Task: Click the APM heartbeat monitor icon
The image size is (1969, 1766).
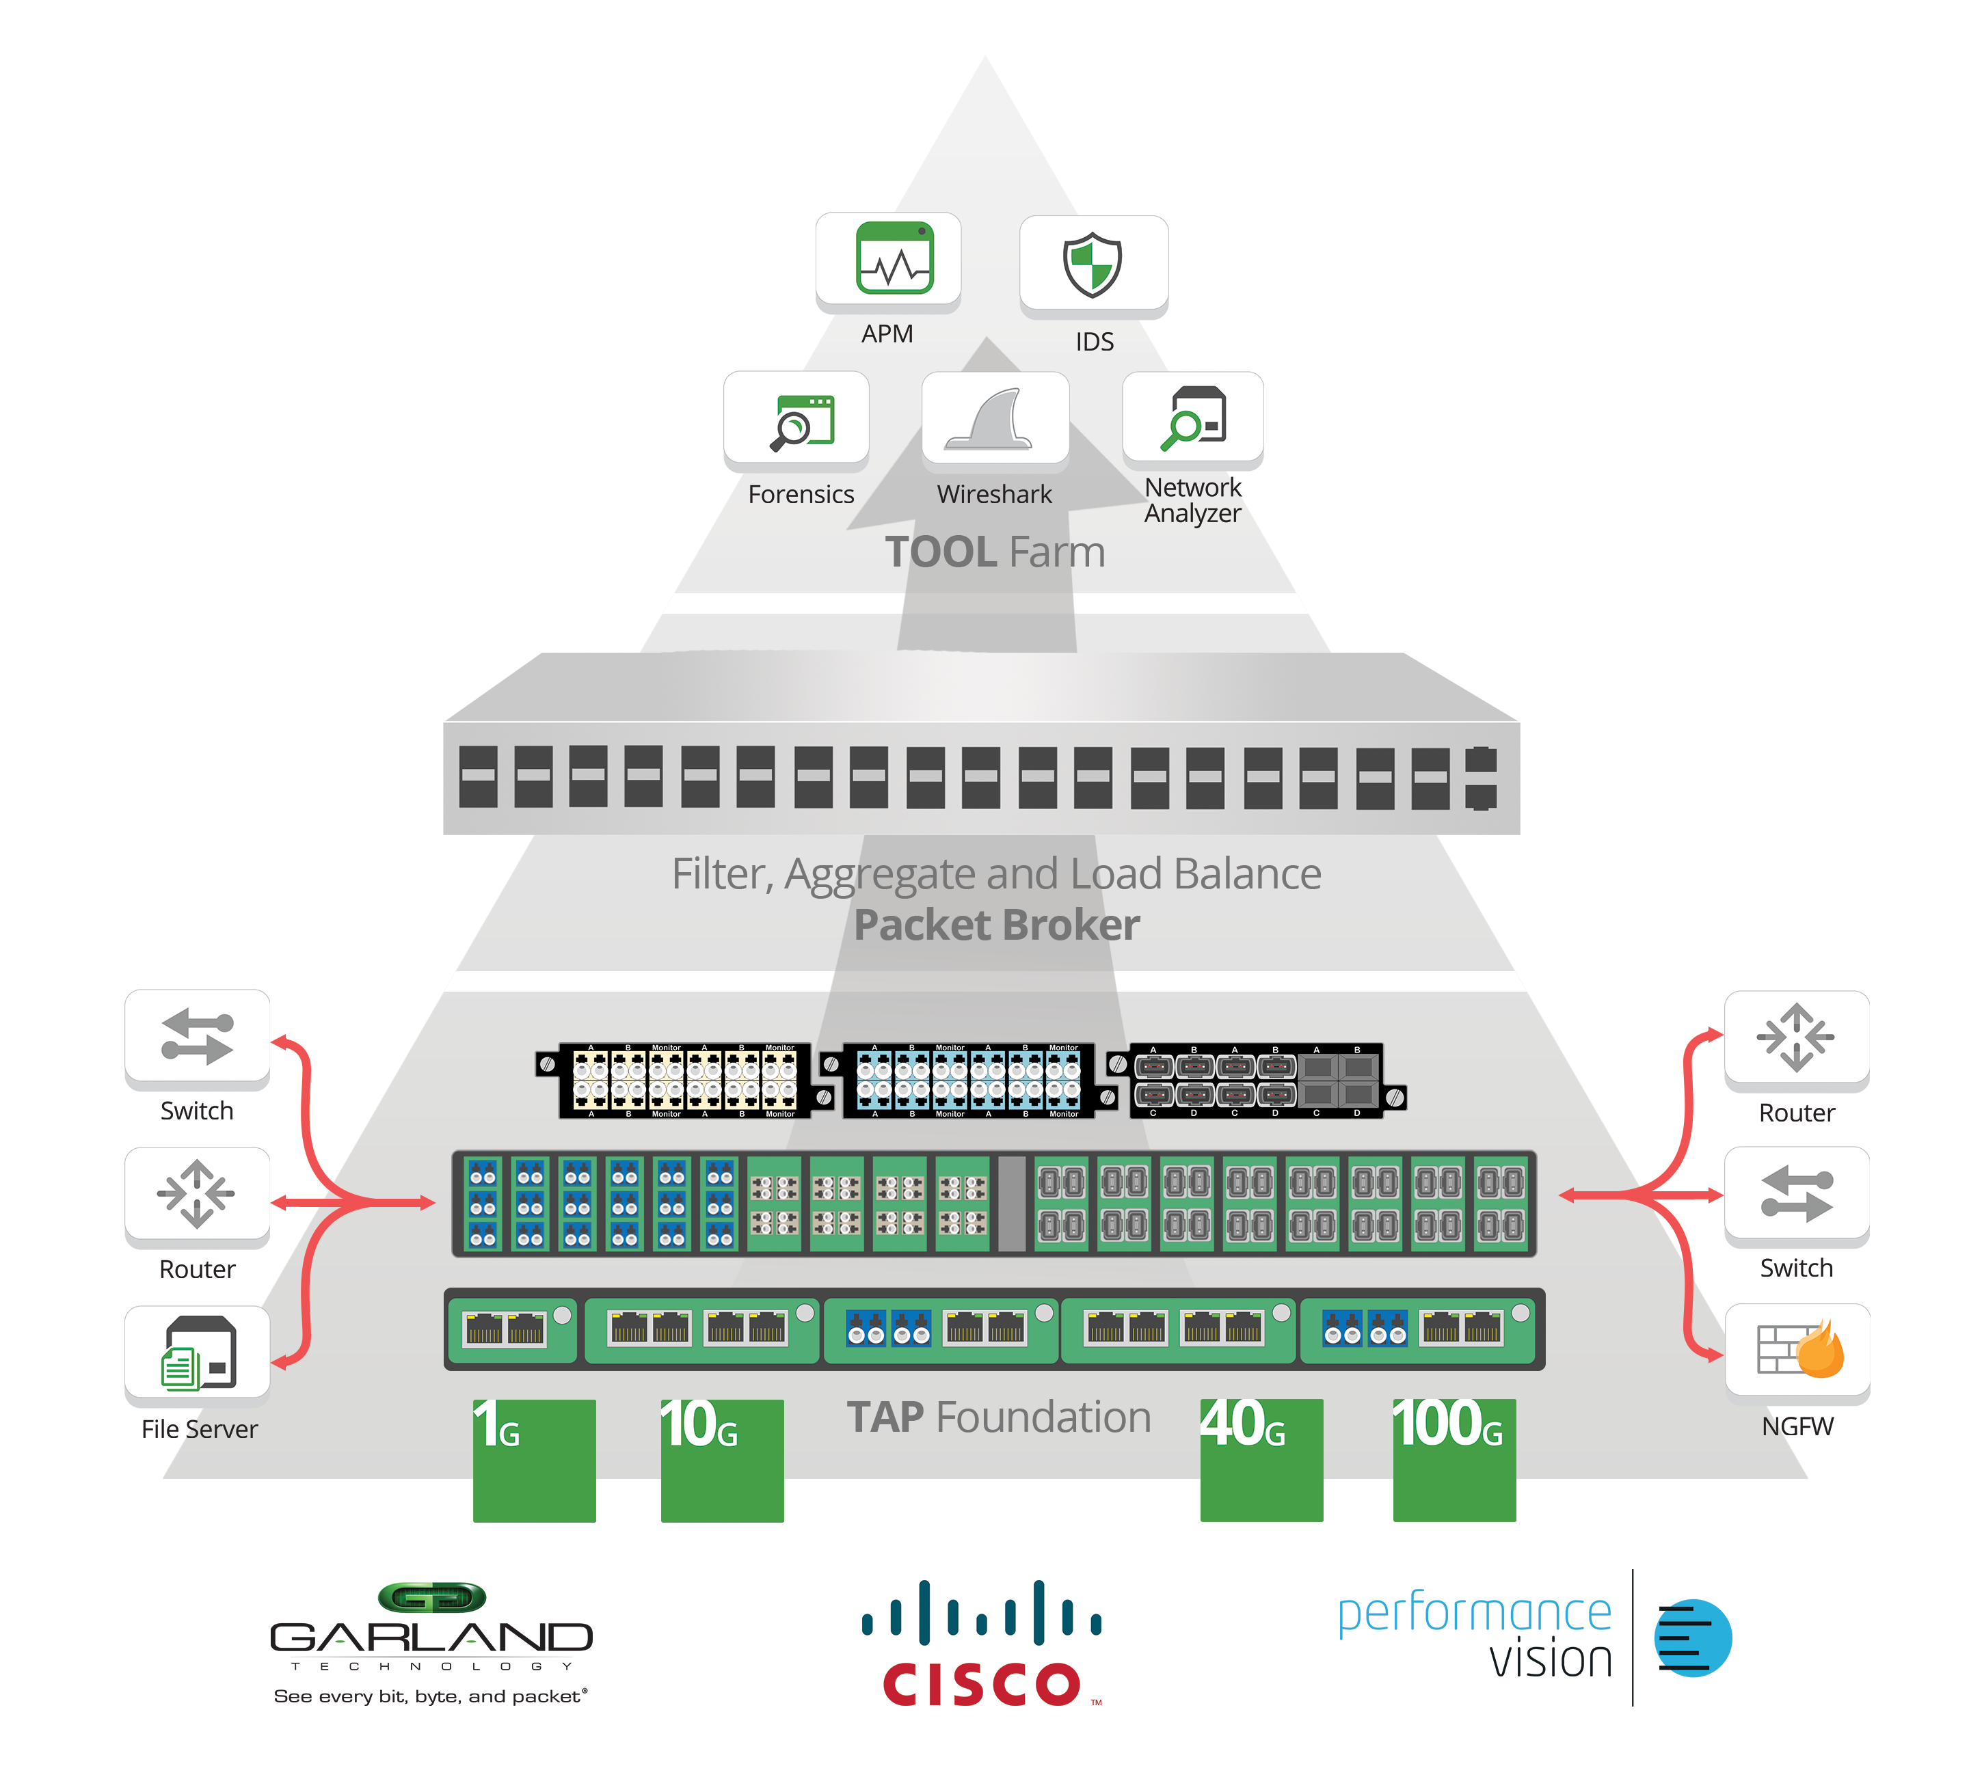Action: pyautogui.click(x=894, y=258)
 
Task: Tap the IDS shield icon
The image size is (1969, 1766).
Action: pyautogui.click(x=1092, y=264)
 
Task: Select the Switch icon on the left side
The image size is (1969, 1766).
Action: pyautogui.click(x=197, y=1036)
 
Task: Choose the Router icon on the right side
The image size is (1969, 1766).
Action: pyautogui.click(x=1795, y=1036)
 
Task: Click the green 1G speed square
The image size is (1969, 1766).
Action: pyautogui.click(x=534, y=1461)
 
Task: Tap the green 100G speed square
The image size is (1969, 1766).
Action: pyautogui.click(x=1454, y=1461)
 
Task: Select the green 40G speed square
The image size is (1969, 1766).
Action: pyautogui.click(x=1261, y=1461)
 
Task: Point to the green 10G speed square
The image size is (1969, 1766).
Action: pyautogui.click(x=722, y=1461)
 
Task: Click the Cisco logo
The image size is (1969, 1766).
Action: pyautogui.click(x=981, y=1645)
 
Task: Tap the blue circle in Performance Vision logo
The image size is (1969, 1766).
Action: pyautogui.click(x=1693, y=1639)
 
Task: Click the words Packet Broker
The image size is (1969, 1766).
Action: pyautogui.click(x=997, y=925)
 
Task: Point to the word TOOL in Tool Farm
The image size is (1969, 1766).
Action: pyautogui.click(x=940, y=552)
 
